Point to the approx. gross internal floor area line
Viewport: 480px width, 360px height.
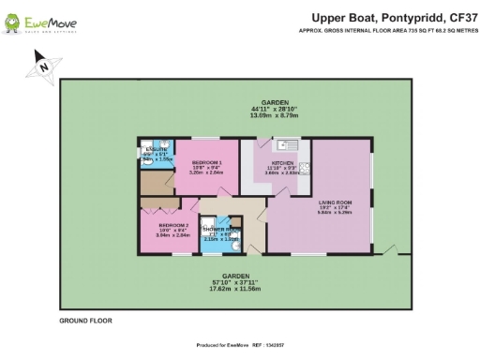(x=385, y=30)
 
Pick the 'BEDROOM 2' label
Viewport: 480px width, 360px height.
(x=173, y=226)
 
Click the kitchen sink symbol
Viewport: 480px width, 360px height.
(x=287, y=145)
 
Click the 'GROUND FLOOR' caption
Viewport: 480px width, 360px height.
(x=85, y=321)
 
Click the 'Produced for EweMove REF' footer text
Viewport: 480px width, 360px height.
(x=241, y=346)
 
